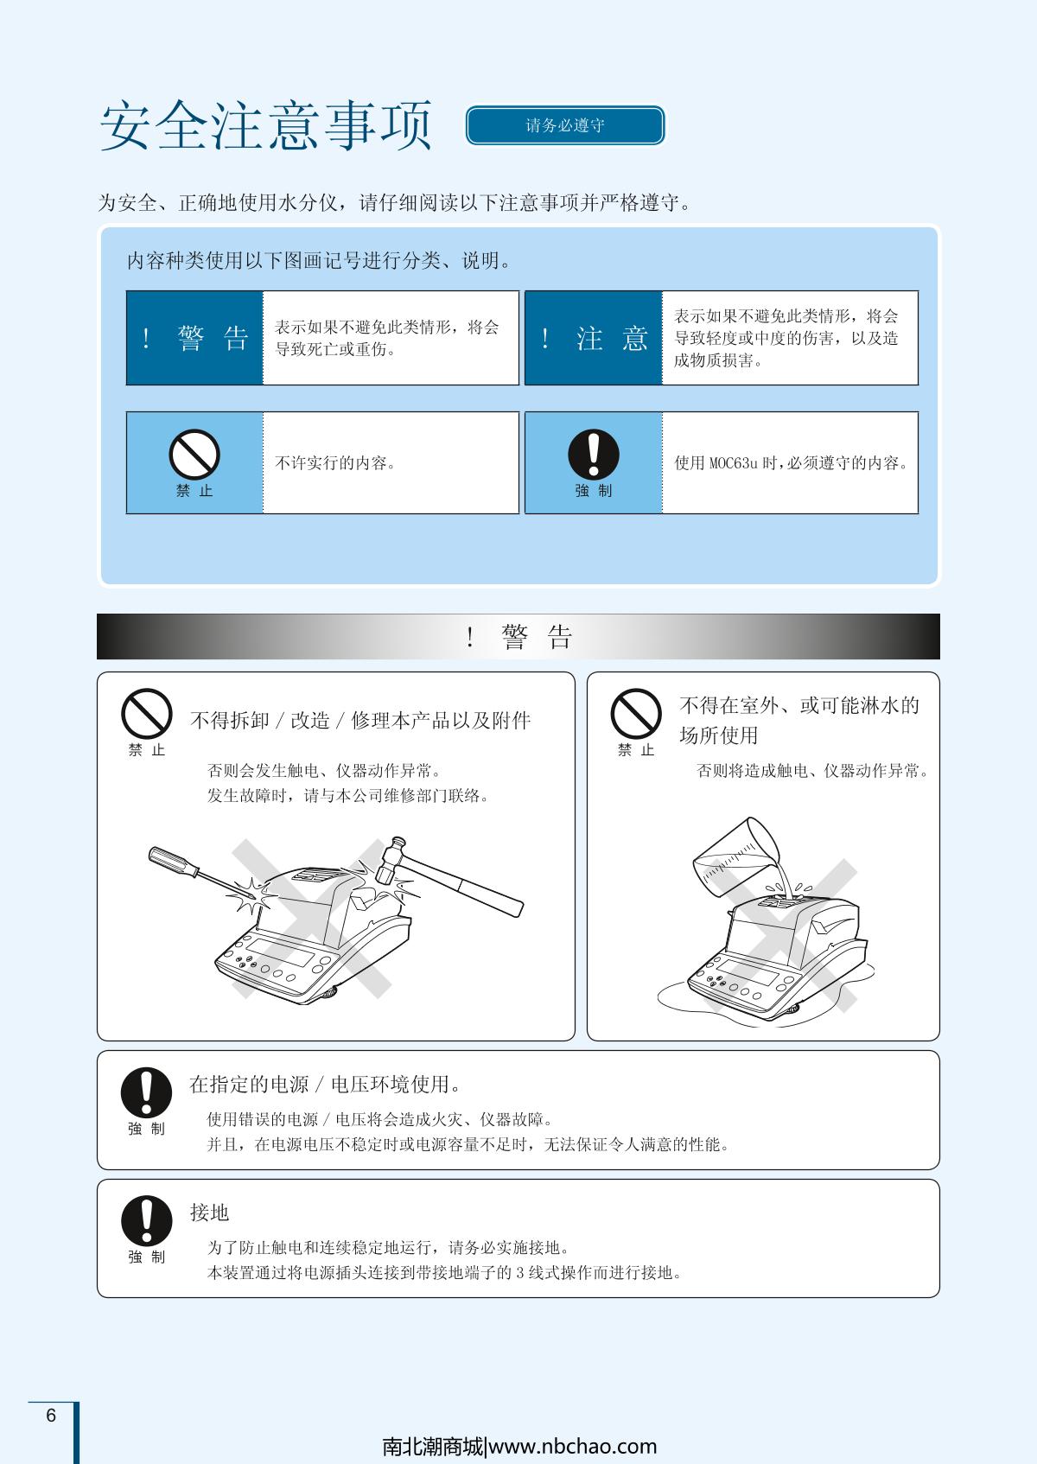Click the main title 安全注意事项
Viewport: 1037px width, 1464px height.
point(266,125)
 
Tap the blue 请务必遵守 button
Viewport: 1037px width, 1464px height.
point(565,124)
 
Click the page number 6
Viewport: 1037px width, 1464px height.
point(51,1415)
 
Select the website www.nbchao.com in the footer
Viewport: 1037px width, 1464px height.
point(573,1447)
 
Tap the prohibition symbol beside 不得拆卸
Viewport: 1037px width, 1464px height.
point(146,714)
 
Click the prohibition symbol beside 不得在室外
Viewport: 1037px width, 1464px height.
point(636,714)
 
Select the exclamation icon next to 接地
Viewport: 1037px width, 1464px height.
point(146,1221)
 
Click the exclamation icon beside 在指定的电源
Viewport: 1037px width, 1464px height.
point(146,1092)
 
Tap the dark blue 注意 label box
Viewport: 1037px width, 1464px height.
point(594,338)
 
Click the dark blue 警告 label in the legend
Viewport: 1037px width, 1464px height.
point(194,338)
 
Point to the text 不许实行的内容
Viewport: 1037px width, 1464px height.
point(335,462)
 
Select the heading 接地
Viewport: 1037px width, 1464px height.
point(209,1213)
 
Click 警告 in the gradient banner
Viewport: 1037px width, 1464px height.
point(537,637)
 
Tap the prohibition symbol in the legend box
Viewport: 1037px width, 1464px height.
point(194,455)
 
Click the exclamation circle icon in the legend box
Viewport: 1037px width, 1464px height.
point(594,455)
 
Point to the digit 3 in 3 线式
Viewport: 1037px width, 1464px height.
point(519,1273)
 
